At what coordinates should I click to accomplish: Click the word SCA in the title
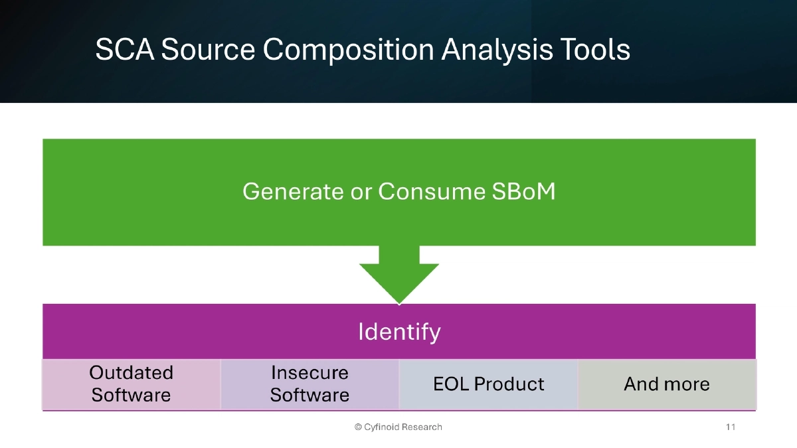(x=124, y=50)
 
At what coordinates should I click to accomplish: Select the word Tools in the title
(x=592, y=50)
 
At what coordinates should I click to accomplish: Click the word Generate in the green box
(x=293, y=192)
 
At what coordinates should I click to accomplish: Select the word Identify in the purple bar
(x=399, y=331)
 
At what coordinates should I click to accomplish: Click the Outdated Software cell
(x=132, y=384)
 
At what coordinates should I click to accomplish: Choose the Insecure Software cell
(x=310, y=384)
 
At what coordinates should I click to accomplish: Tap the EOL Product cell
(x=489, y=384)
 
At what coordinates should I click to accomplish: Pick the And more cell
(x=667, y=384)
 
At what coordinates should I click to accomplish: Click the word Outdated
(x=132, y=373)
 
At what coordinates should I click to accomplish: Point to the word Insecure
(x=310, y=373)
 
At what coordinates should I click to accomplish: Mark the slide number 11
(x=731, y=427)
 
